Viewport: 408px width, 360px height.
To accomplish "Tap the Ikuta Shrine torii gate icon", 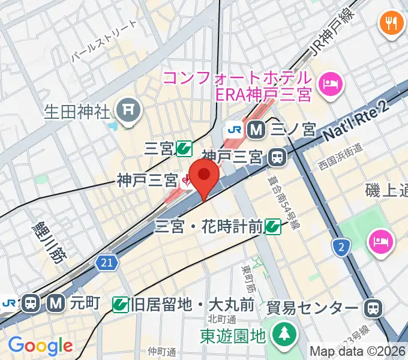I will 128,109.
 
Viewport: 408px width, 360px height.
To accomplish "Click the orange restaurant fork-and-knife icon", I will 392,24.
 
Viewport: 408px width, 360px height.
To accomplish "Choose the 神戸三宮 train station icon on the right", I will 277,157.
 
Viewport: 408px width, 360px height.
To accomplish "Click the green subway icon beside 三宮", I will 184,148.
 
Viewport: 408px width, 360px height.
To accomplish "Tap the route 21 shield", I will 105,262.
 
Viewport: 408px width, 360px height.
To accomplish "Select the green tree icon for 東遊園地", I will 281,334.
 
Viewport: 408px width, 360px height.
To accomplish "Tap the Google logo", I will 40,346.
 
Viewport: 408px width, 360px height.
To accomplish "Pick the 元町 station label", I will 79,304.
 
